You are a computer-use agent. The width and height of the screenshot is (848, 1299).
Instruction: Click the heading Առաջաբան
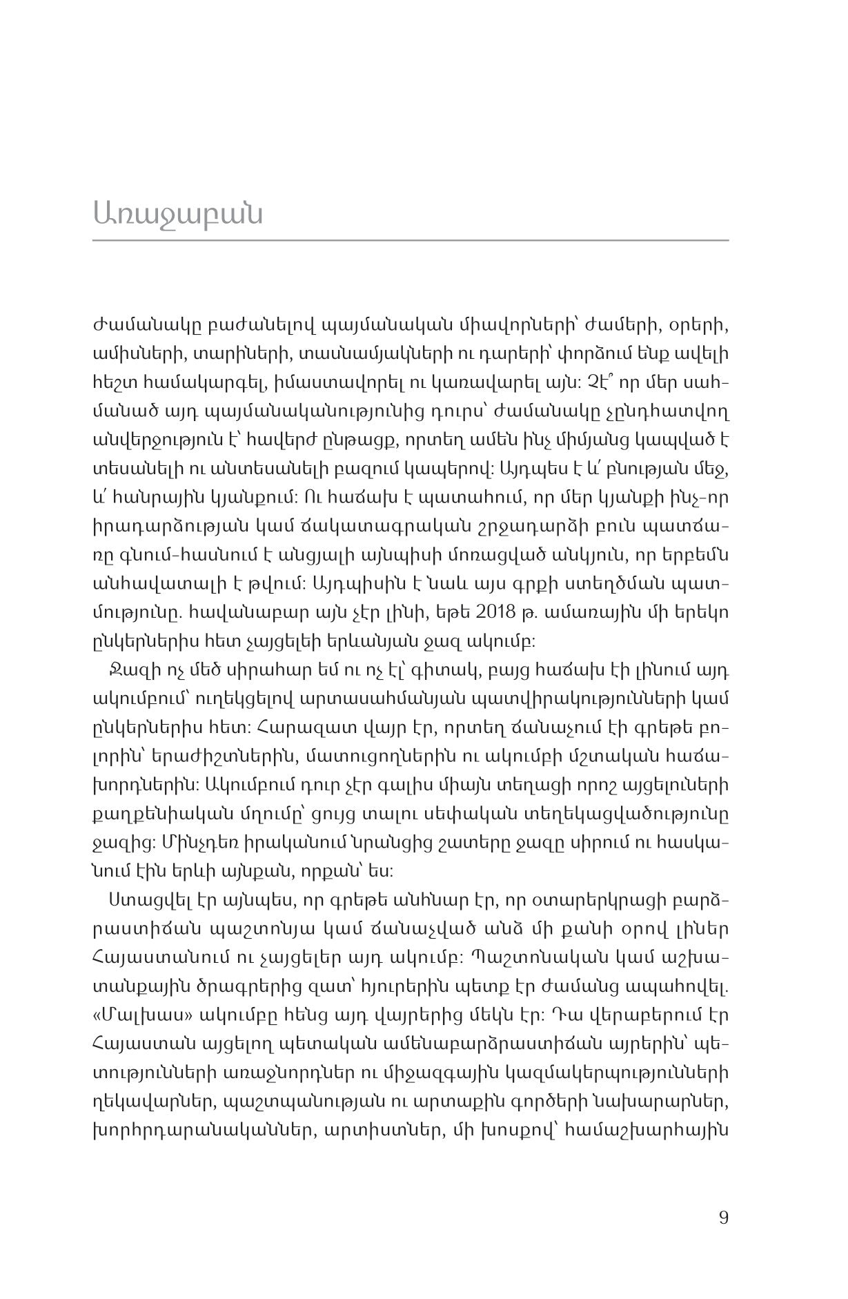178,214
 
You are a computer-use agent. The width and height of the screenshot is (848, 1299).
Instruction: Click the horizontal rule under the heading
411,240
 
